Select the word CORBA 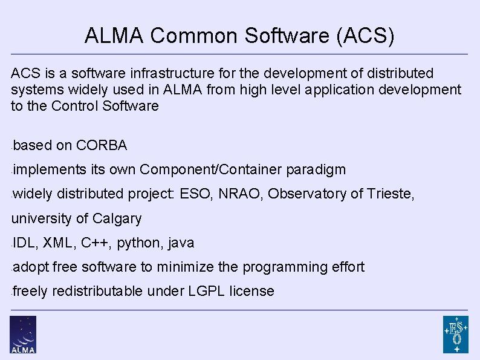(102, 145)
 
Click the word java (181, 243)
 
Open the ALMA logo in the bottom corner (23, 334)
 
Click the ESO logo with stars (455, 334)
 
